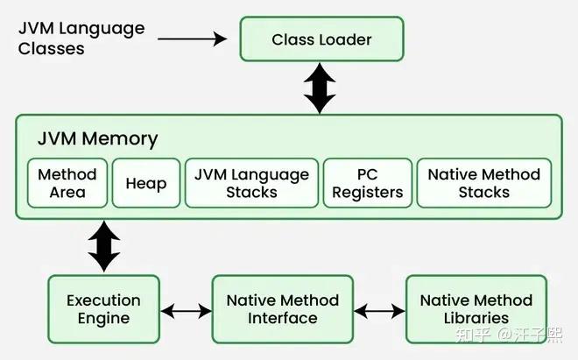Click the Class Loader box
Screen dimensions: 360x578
321,39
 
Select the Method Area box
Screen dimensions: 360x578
67,182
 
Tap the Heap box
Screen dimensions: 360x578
146,183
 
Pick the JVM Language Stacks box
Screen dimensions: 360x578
251,182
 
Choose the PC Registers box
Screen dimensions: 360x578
368,182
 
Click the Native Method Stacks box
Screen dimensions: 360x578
483,182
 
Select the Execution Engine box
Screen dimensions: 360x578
103,308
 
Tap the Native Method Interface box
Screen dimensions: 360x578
282,308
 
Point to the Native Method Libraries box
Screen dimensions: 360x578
476,308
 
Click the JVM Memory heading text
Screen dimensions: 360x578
97,138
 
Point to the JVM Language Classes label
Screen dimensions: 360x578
81,38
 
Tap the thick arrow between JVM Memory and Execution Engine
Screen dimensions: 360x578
104,246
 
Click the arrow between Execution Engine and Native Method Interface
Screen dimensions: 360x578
187,310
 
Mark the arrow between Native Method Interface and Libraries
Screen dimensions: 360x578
379,310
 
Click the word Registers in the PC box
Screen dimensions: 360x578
368,192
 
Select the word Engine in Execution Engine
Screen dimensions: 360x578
103,318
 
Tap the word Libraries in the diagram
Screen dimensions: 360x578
476,318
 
